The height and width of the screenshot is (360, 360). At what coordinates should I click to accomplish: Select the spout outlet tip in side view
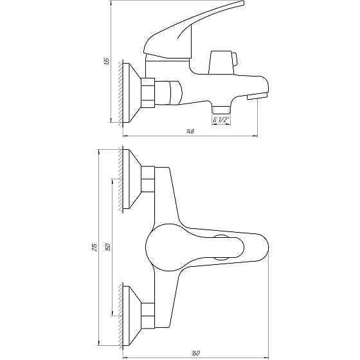tap(257, 97)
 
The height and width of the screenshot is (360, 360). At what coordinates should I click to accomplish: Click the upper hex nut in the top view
tap(148, 181)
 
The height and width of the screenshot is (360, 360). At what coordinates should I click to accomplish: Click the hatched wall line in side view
tap(121, 93)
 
